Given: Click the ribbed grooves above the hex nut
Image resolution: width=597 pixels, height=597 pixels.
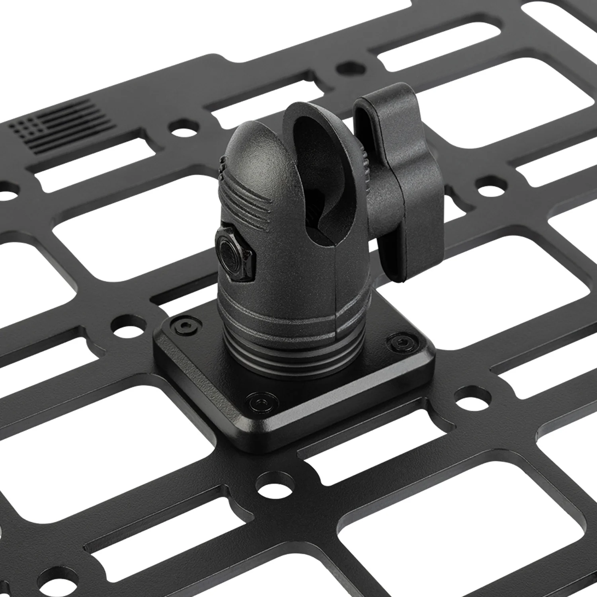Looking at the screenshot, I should coord(243,199).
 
